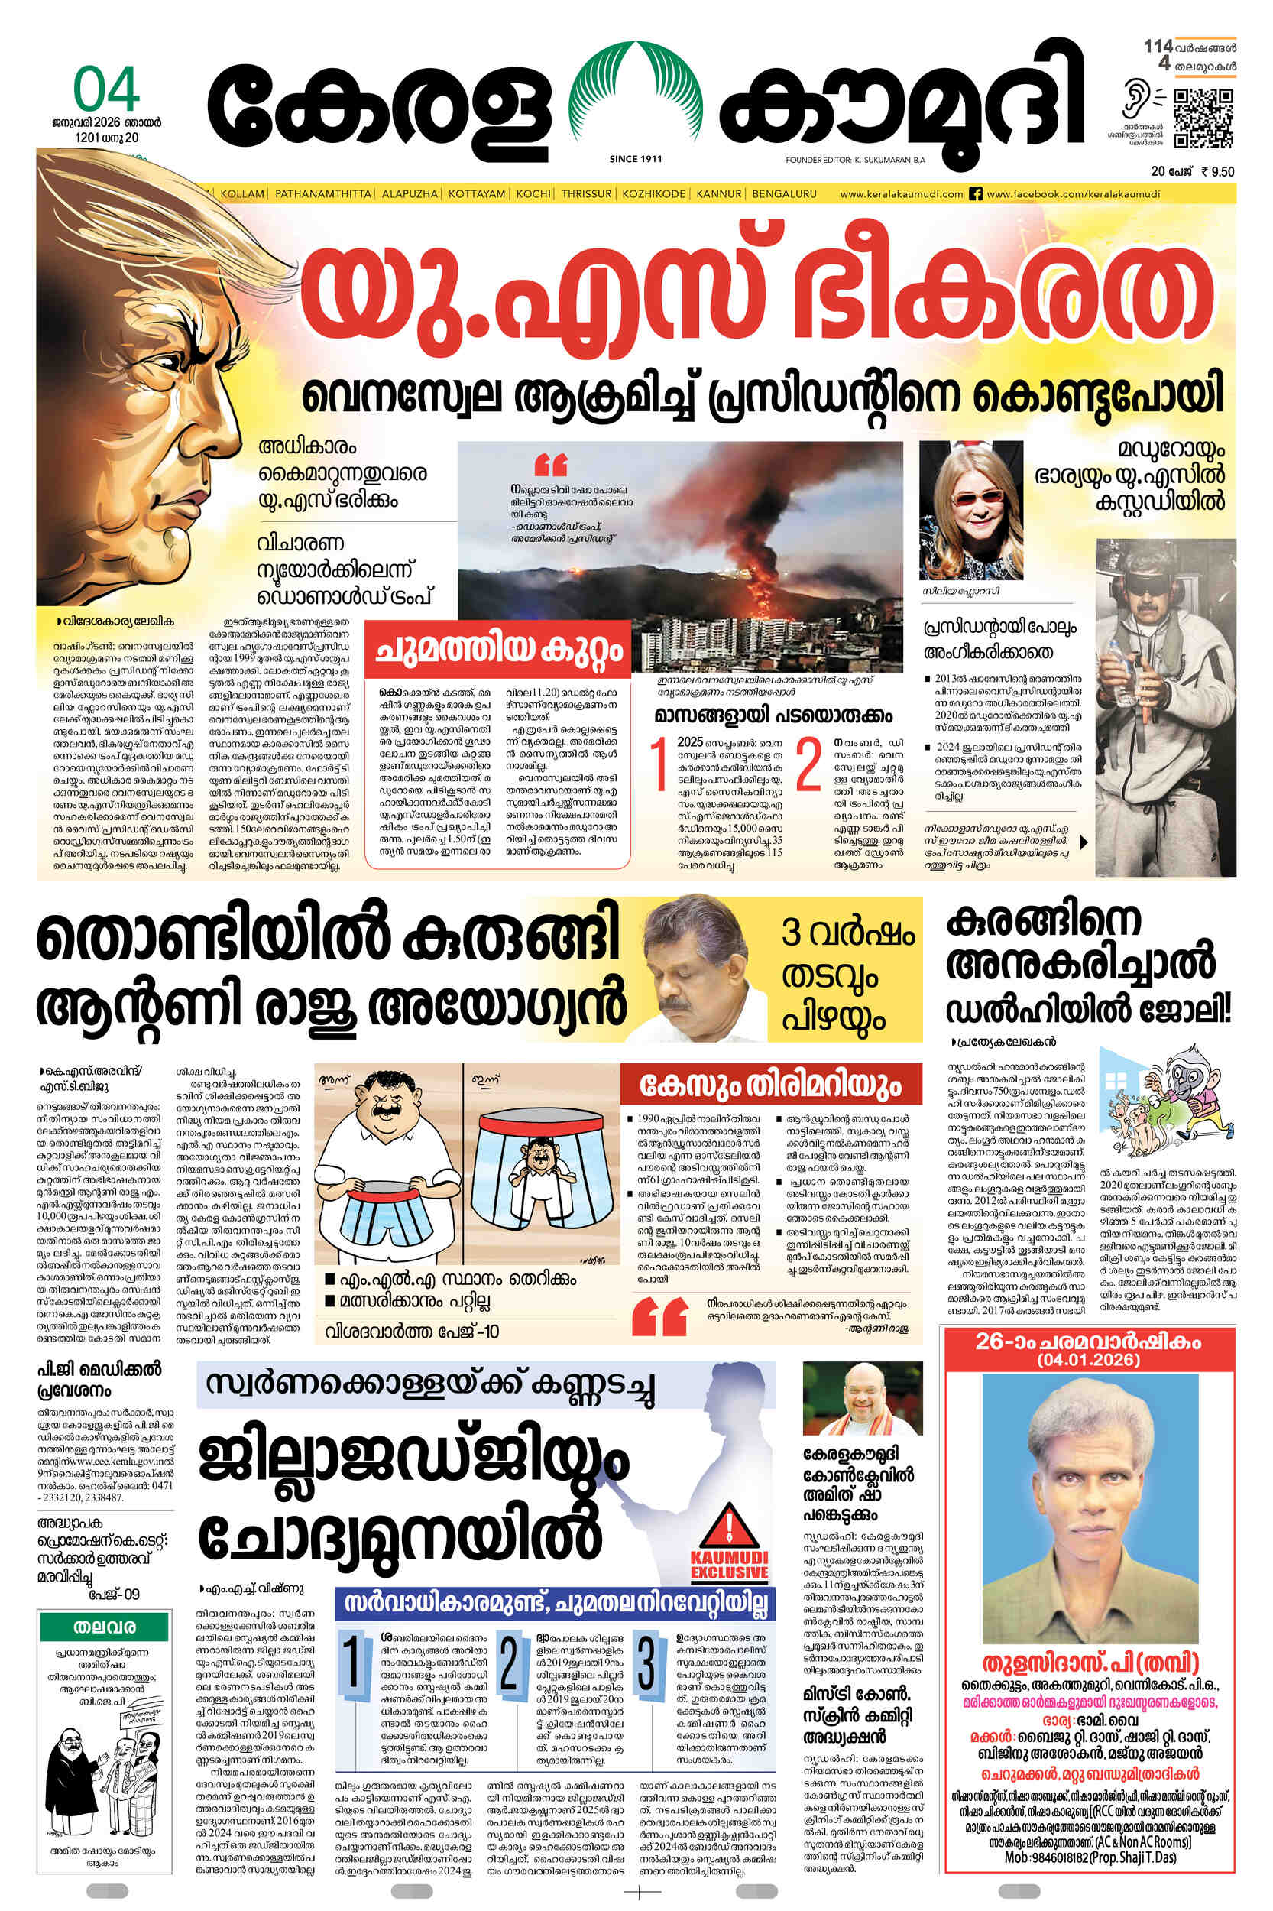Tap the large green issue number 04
[106, 91]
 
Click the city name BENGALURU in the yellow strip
[784, 194]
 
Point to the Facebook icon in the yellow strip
[977, 194]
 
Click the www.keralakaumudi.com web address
[901, 194]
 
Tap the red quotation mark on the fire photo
[551, 466]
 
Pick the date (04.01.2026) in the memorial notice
[1088, 1360]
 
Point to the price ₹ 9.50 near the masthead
[1216, 171]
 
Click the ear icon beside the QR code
[1135, 101]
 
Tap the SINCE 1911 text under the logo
[636, 159]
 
